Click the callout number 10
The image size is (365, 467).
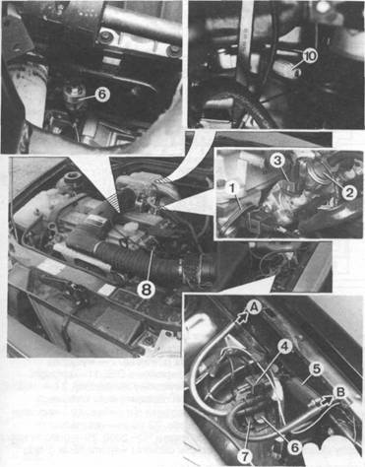pos(309,55)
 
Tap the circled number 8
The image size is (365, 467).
pos(146,290)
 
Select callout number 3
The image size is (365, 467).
pos(277,161)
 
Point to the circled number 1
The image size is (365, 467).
pos(232,189)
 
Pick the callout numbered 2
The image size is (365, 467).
pos(349,192)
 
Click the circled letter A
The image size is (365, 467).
pos(254,307)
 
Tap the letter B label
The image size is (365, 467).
pos(340,392)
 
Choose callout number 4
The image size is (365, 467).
pos(285,347)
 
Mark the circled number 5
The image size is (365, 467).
pos(316,368)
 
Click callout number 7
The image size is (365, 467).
pos(245,455)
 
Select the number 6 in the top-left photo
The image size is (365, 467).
pos(102,95)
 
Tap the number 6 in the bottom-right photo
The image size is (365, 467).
pos(295,446)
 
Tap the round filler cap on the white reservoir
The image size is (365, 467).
pos(72,179)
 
